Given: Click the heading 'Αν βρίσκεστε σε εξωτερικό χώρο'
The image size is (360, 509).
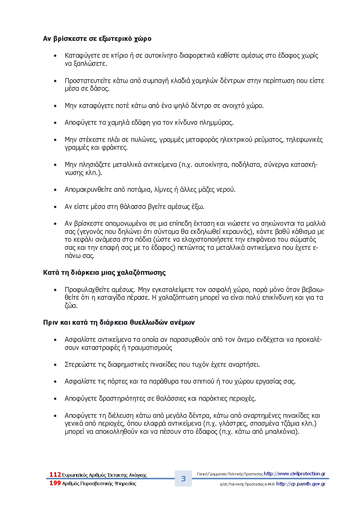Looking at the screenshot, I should (97, 39).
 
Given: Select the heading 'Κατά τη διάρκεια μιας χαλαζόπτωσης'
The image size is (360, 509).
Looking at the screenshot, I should (104, 273).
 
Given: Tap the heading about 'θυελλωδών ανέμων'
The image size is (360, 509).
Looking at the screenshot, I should (119, 323).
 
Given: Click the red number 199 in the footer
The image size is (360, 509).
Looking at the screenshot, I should (55, 483).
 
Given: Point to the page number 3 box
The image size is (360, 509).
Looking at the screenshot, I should (183, 479).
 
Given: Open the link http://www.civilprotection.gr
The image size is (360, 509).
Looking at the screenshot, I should (294, 474).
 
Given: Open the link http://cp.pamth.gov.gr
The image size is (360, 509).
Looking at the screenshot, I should (301, 484).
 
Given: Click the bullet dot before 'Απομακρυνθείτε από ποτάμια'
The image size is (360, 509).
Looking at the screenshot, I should (55, 190).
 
